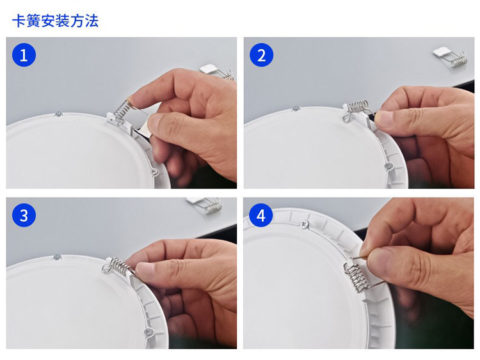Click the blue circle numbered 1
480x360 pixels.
tap(24, 55)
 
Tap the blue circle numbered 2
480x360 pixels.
tap(261, 55)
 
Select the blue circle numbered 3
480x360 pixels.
tap(24, 215)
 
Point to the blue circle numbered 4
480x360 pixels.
tap(261, 215)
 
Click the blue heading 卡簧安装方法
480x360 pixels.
tap(56, 21)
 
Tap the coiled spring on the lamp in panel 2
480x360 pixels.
tap(358, 106)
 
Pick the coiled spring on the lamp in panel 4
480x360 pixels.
tap(356, 278)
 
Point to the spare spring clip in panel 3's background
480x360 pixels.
tap(205, 205)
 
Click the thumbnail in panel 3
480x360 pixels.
tap(145, 270)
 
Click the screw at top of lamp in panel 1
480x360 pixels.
tap(58, 114)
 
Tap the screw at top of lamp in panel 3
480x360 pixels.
tap(56, 257)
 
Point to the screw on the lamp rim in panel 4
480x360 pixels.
tap(304, 224)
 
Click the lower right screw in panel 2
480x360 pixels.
tap(388, 166)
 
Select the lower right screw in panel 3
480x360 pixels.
tap(147, 332)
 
